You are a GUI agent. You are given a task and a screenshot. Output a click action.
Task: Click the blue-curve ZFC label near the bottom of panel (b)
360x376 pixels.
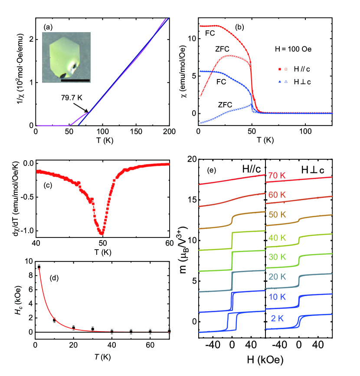[225, 105]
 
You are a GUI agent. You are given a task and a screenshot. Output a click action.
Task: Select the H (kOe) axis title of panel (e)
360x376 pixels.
[265, 361]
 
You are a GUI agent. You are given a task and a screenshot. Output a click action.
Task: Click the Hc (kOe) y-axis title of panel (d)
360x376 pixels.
[14, 297]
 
